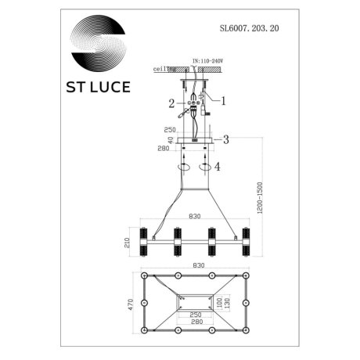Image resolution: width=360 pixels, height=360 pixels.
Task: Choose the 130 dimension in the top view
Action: click(227, 303)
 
